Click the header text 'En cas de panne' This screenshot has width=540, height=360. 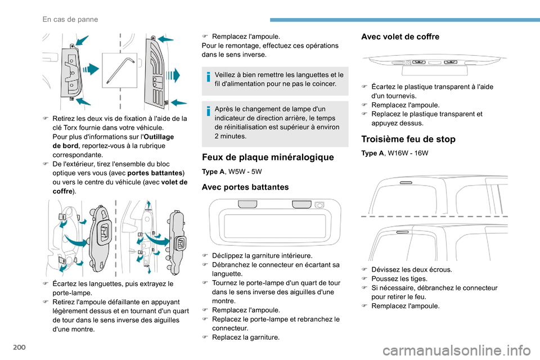click(x=70, y=19)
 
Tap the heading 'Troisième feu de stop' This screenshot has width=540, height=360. click(x=408, y=139)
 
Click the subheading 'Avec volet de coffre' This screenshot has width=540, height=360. click(x=400, y=37)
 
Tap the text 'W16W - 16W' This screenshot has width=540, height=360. click(x=409, y=153)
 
